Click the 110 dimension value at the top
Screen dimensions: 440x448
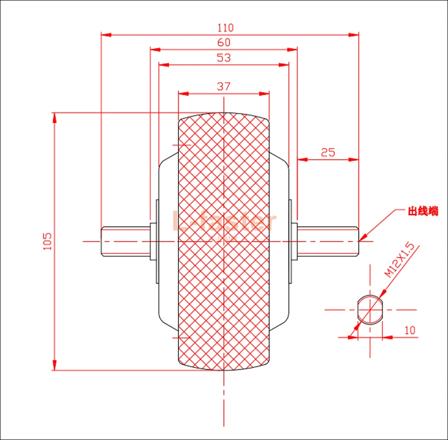pyautogui.click(x=226, y=28)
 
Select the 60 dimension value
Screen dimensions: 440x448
pyautogui.click(x=224, y=42)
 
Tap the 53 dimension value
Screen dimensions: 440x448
pyautogui.click(x=224, y=58)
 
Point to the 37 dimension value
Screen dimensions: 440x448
pyautogui.click(x=224, y=86)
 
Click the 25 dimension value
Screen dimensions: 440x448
pyautogui.click(x=328, y=152)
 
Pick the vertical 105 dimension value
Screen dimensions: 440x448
pyautogui.click(x=48, y=241)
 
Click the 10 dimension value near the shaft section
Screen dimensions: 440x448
pyautogui.click(x=410, y=330)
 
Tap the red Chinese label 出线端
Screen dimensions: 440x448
pyautogui.click(x=423, y=212)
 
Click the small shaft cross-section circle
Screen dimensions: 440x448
pyautogui.click(x=370, y=310)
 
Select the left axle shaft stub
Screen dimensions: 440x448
pyautogui.click(x=125, y=241)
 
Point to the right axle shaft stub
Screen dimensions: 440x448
pyautogui.click(x=328, y=241)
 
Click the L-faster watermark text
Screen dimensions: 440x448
pyautogui.click(x=224, y=221)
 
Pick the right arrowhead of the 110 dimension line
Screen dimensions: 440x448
pyautogui.click(x=354, y=34)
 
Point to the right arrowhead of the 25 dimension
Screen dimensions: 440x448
pyautogui.click(x=354, y=159)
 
